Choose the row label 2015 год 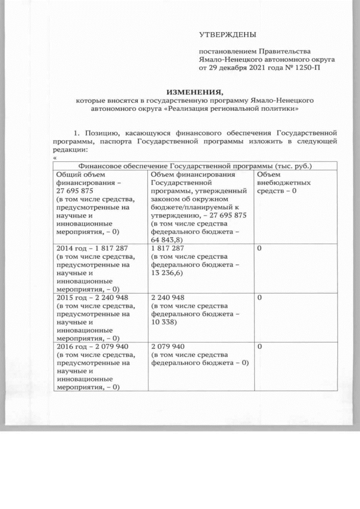tap(70, 298)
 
